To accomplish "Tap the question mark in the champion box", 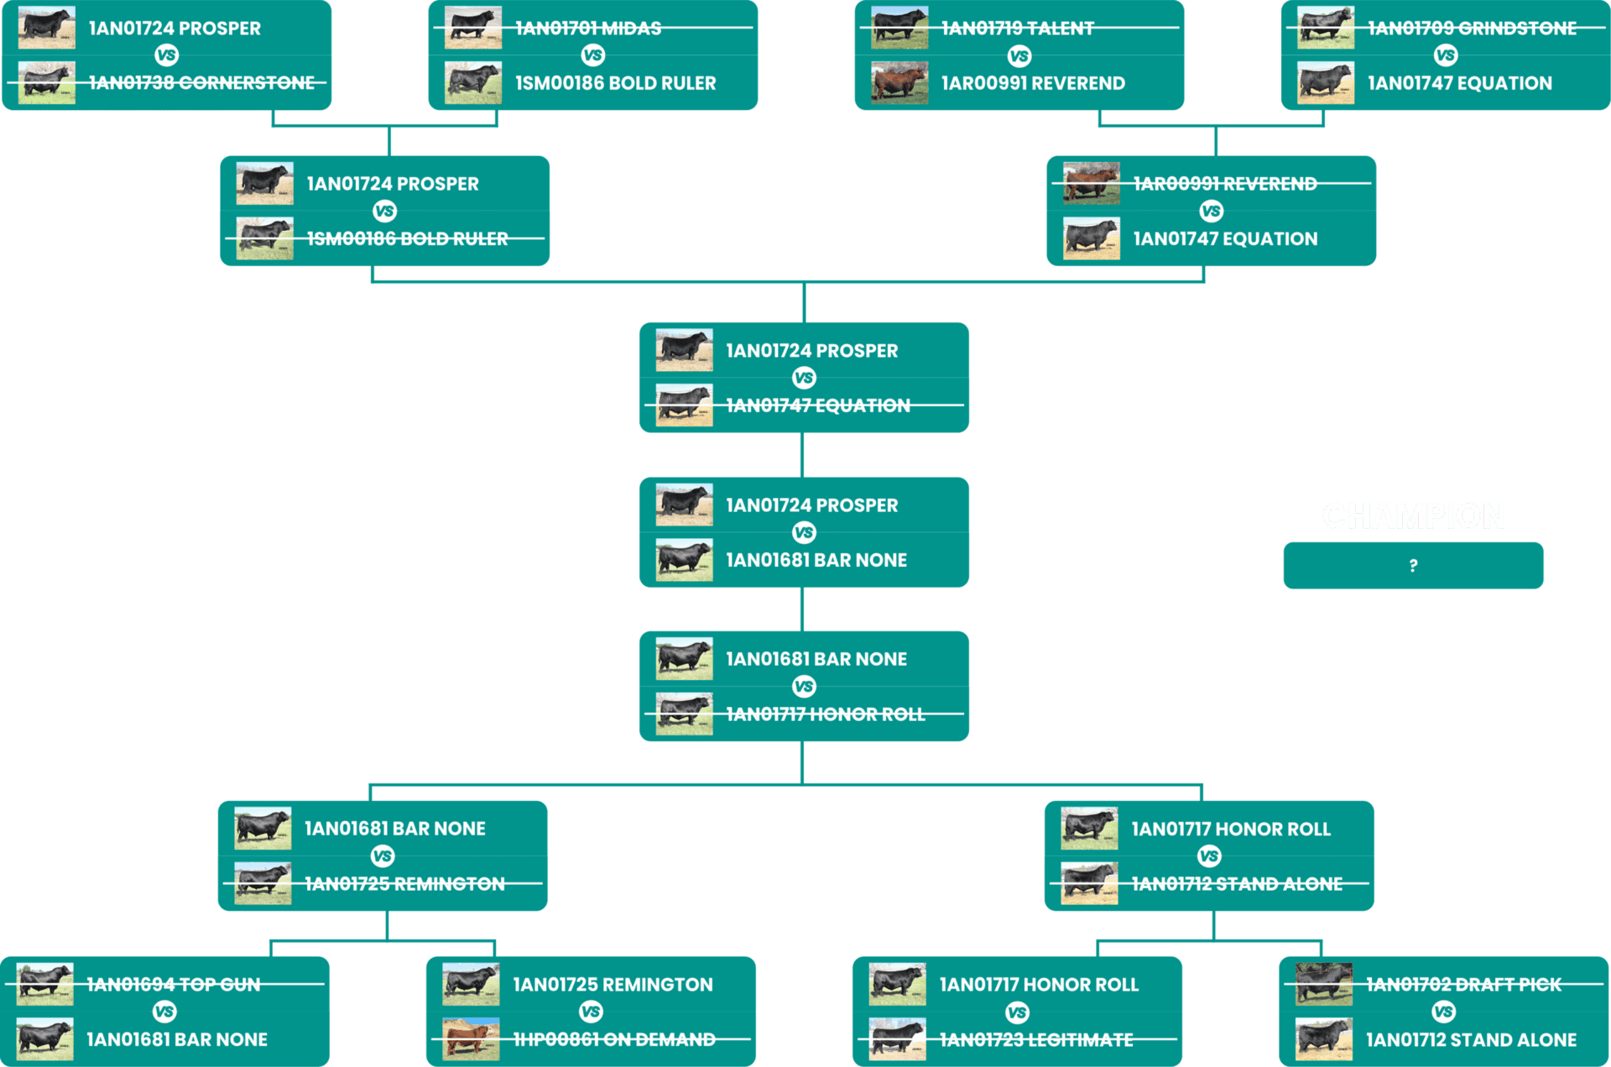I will click(1414, 566).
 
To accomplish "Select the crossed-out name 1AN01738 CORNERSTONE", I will click(201, 82).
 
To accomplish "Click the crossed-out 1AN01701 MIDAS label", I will click(588, 29).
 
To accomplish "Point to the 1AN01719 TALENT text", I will click(1017, 29).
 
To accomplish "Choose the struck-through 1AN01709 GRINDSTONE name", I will click(1472, 29).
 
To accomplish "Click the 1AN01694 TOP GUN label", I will click(174, 984).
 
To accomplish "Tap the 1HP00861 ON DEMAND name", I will click(614, 1039).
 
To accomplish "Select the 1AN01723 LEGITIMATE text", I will click(1036, 1039).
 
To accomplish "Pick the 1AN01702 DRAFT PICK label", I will click(1463, 984).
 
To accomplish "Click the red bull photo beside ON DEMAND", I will click(471, 1038).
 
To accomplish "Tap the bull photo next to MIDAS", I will click(473, 28).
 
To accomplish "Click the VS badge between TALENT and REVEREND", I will click(1019, 56).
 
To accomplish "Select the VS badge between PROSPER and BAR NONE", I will click(804, 532).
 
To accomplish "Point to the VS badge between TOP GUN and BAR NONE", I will click(164, 1012).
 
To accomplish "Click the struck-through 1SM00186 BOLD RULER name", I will click(407, 238).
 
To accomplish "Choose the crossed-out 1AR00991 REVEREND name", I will click(1225, 184).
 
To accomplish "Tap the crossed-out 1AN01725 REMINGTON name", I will click(404, 883).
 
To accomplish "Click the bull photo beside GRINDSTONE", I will click(1326, 28).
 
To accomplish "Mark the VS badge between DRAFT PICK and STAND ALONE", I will click(1443, 1012).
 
